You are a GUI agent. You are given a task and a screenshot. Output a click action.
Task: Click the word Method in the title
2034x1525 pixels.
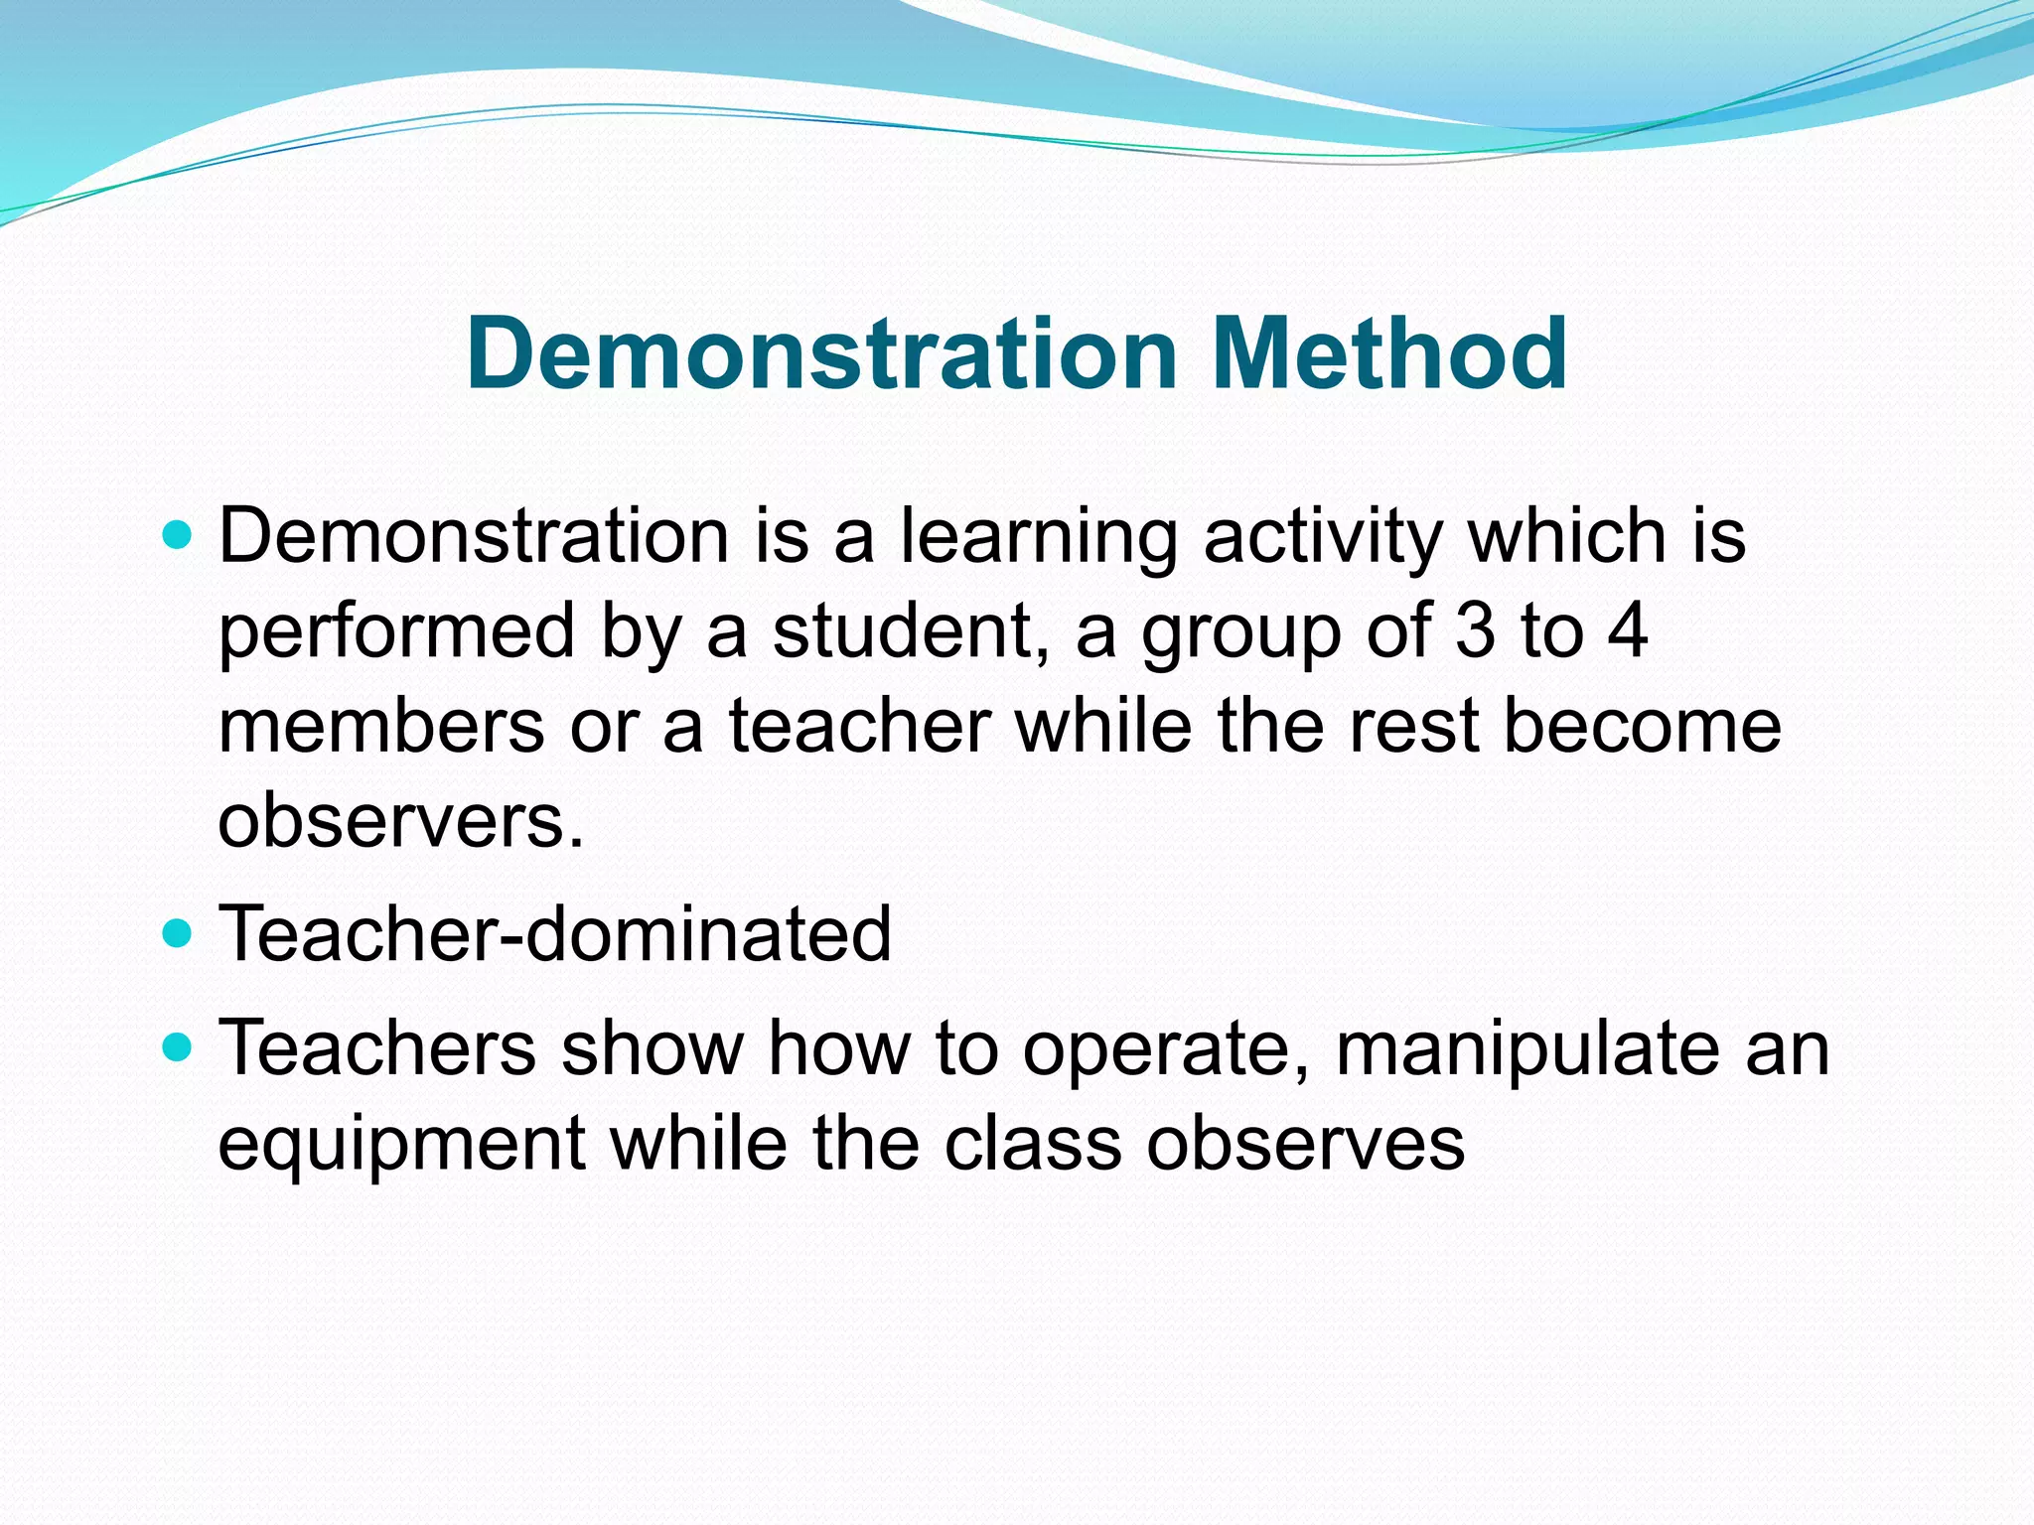[1389, 353]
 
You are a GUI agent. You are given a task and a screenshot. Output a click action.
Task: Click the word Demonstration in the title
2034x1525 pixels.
[821, 353]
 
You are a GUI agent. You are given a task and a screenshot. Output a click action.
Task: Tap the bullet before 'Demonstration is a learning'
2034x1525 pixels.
[177, 537]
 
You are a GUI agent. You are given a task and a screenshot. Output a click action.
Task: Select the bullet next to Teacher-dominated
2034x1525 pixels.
[177, 934]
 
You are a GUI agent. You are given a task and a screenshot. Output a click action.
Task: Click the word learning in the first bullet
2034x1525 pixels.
[1038, 537]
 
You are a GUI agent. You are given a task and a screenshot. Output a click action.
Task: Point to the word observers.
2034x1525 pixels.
[400, 821]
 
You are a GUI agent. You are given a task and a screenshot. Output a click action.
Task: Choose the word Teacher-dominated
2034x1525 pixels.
[554, 934]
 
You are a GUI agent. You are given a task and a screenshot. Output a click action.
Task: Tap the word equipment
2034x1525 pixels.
[401, 1145]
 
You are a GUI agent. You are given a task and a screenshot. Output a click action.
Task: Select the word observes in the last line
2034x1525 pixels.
[1305, 1145]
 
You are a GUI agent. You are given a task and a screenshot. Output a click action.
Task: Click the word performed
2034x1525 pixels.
[396, 631]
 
